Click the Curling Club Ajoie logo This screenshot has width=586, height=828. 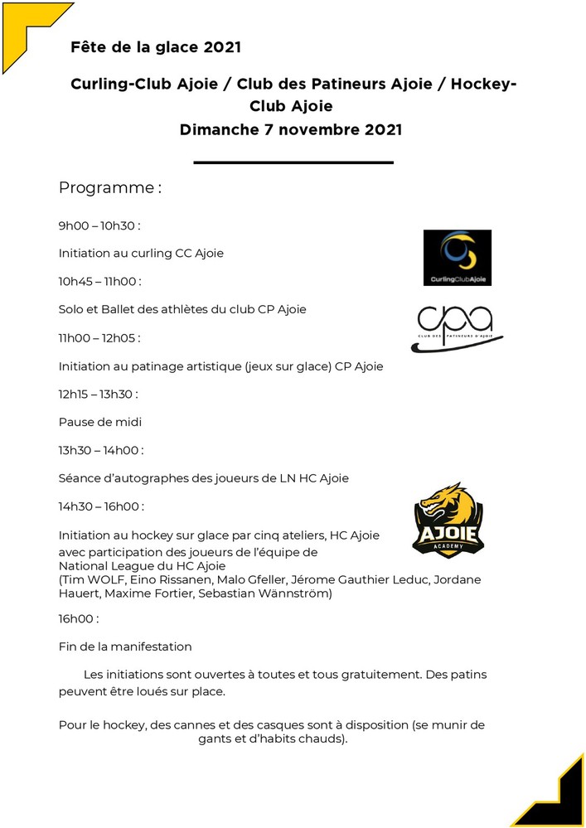coord(457,258)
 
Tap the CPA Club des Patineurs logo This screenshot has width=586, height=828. coord(459,329)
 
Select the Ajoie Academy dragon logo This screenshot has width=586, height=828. coord(448,520)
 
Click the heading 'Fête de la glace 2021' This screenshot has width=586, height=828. coord(156,47)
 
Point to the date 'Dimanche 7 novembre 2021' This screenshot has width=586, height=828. coord(291,129)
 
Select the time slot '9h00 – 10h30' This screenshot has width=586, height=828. coord(99,225)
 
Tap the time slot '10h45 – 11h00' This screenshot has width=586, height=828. coord(99,282)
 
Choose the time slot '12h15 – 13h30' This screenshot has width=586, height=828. coord(99,395)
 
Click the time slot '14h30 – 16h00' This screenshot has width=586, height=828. coord(101,506)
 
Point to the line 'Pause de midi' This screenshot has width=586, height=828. coord(100,423)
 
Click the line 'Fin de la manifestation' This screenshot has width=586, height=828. coord(125,646)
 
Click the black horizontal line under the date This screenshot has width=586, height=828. coord(293,162)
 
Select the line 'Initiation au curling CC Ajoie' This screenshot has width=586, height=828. coord(141,254)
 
